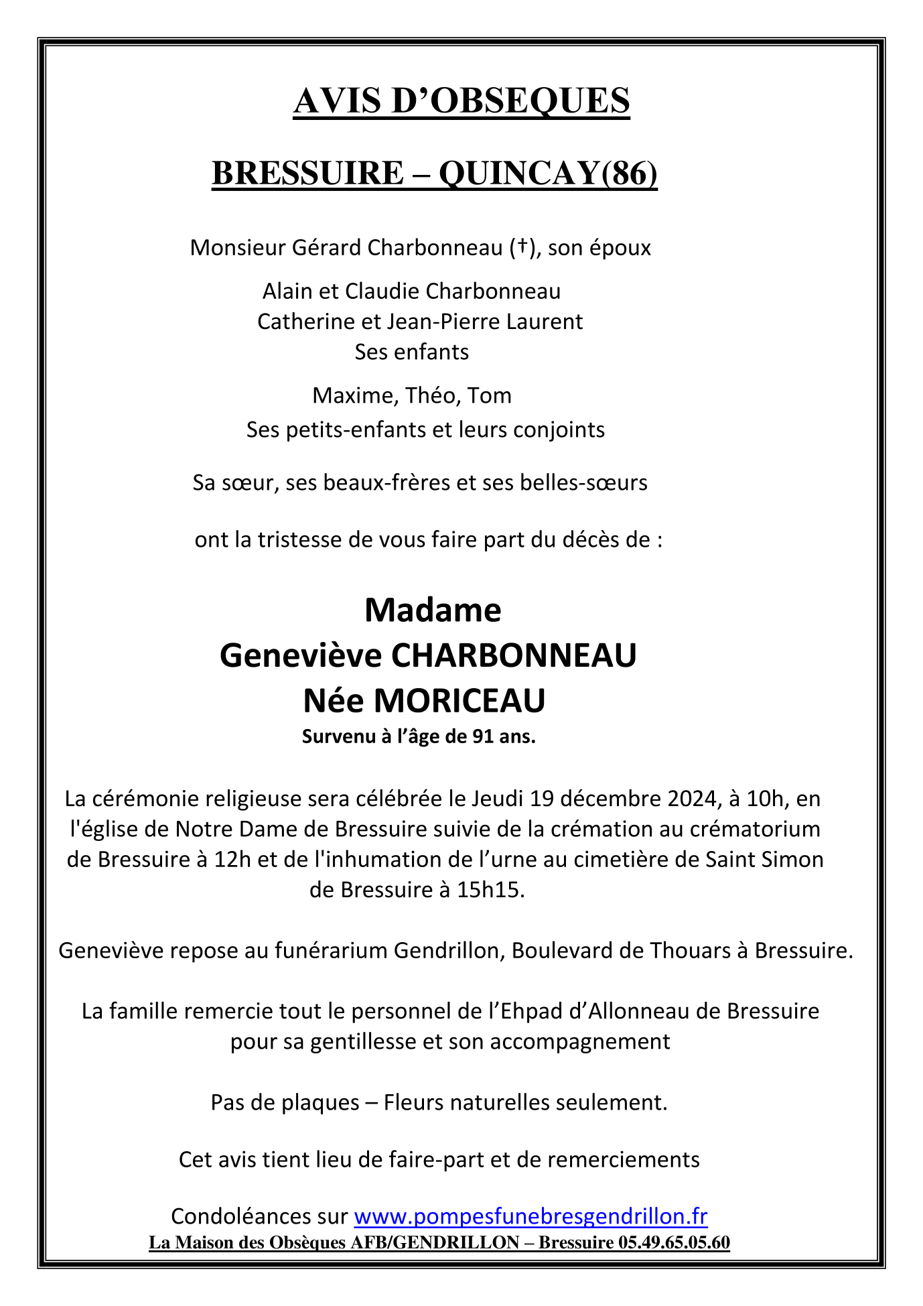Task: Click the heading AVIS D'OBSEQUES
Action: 461,101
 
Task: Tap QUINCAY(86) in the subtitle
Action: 548,174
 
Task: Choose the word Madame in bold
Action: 433,610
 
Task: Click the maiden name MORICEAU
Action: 459,701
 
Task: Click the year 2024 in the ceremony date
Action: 697,799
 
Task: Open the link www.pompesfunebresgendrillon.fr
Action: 530,1216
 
